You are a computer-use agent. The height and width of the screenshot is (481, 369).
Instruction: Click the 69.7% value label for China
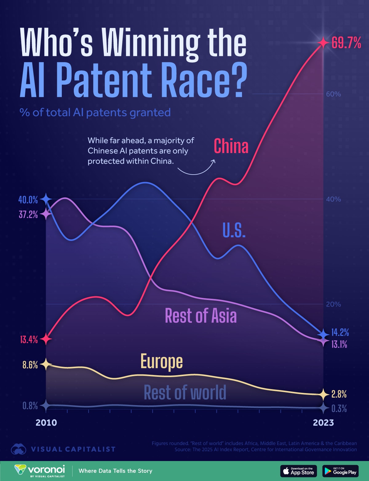tap(346, 43)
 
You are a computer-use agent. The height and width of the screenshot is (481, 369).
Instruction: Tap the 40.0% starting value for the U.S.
tap(28, 200)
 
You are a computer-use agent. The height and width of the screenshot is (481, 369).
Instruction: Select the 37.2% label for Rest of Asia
tap(28, 214)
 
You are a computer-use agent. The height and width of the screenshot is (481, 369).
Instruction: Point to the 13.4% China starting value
tap(29, 340)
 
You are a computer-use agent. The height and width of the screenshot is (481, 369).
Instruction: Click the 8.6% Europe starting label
tap(30, 365)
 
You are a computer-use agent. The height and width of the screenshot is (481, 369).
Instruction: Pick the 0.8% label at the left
tap(30, 406)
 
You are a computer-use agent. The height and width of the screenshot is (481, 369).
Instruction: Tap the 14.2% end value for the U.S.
tap(340, 333)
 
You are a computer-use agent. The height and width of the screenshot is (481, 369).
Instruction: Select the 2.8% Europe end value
tap(339, 394)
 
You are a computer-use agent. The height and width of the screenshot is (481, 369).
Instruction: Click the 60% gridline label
tap(333, 94)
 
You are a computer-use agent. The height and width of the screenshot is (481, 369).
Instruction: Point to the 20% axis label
tap(333, 304)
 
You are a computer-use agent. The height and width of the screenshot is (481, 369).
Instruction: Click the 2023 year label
tap(323, 423)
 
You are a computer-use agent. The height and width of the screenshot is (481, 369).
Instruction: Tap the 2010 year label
tap(46, 423)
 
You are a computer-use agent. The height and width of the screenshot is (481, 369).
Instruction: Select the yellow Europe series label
tap(161, 361)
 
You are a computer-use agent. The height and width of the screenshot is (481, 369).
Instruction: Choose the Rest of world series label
tap(185, 392)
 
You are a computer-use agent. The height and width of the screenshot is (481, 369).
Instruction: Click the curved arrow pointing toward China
tap(197, 168)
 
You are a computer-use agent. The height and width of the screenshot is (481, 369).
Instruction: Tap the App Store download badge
tap(298, 471)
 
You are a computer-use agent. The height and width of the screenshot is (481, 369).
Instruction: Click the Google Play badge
tap(340, 471)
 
